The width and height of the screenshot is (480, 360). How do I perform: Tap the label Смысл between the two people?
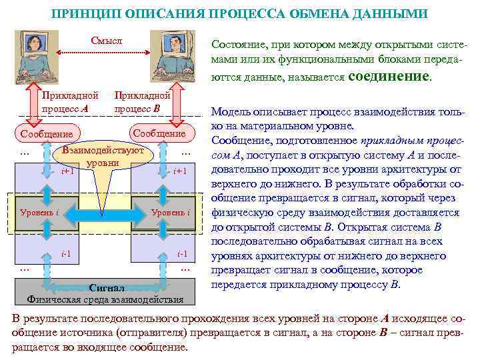coord(107,41)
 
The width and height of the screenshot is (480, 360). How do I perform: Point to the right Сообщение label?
coord(159,133)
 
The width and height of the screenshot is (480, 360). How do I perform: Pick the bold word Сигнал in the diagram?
coord(107,289)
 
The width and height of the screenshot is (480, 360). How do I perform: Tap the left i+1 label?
coord(67,171)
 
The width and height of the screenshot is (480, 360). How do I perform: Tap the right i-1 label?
coord(181,254)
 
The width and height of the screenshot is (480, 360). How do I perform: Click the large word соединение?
coord(389,76)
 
